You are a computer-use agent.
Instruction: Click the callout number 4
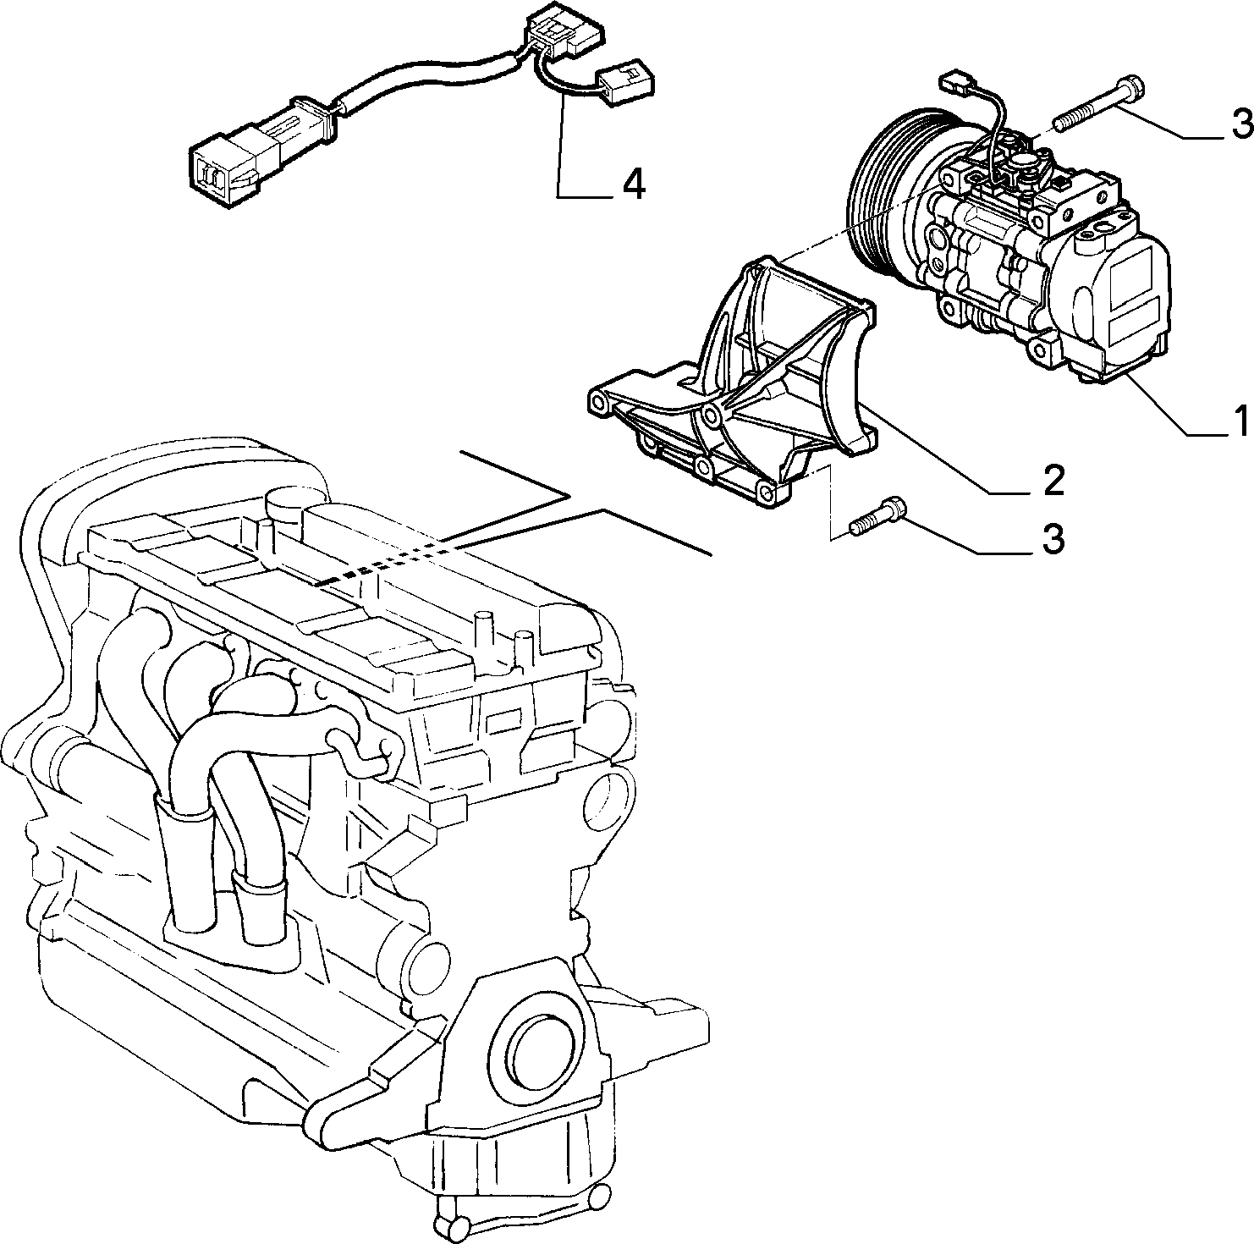point(633,183)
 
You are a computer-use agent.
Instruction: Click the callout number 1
point(1240,420)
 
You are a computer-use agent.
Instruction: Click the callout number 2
point(1052,479)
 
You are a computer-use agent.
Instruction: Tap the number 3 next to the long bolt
point(1240,124)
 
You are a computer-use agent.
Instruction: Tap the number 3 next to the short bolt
point(1052,539)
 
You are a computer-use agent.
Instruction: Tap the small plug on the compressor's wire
point(957,84)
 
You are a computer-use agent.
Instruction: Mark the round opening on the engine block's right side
point(608,796)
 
